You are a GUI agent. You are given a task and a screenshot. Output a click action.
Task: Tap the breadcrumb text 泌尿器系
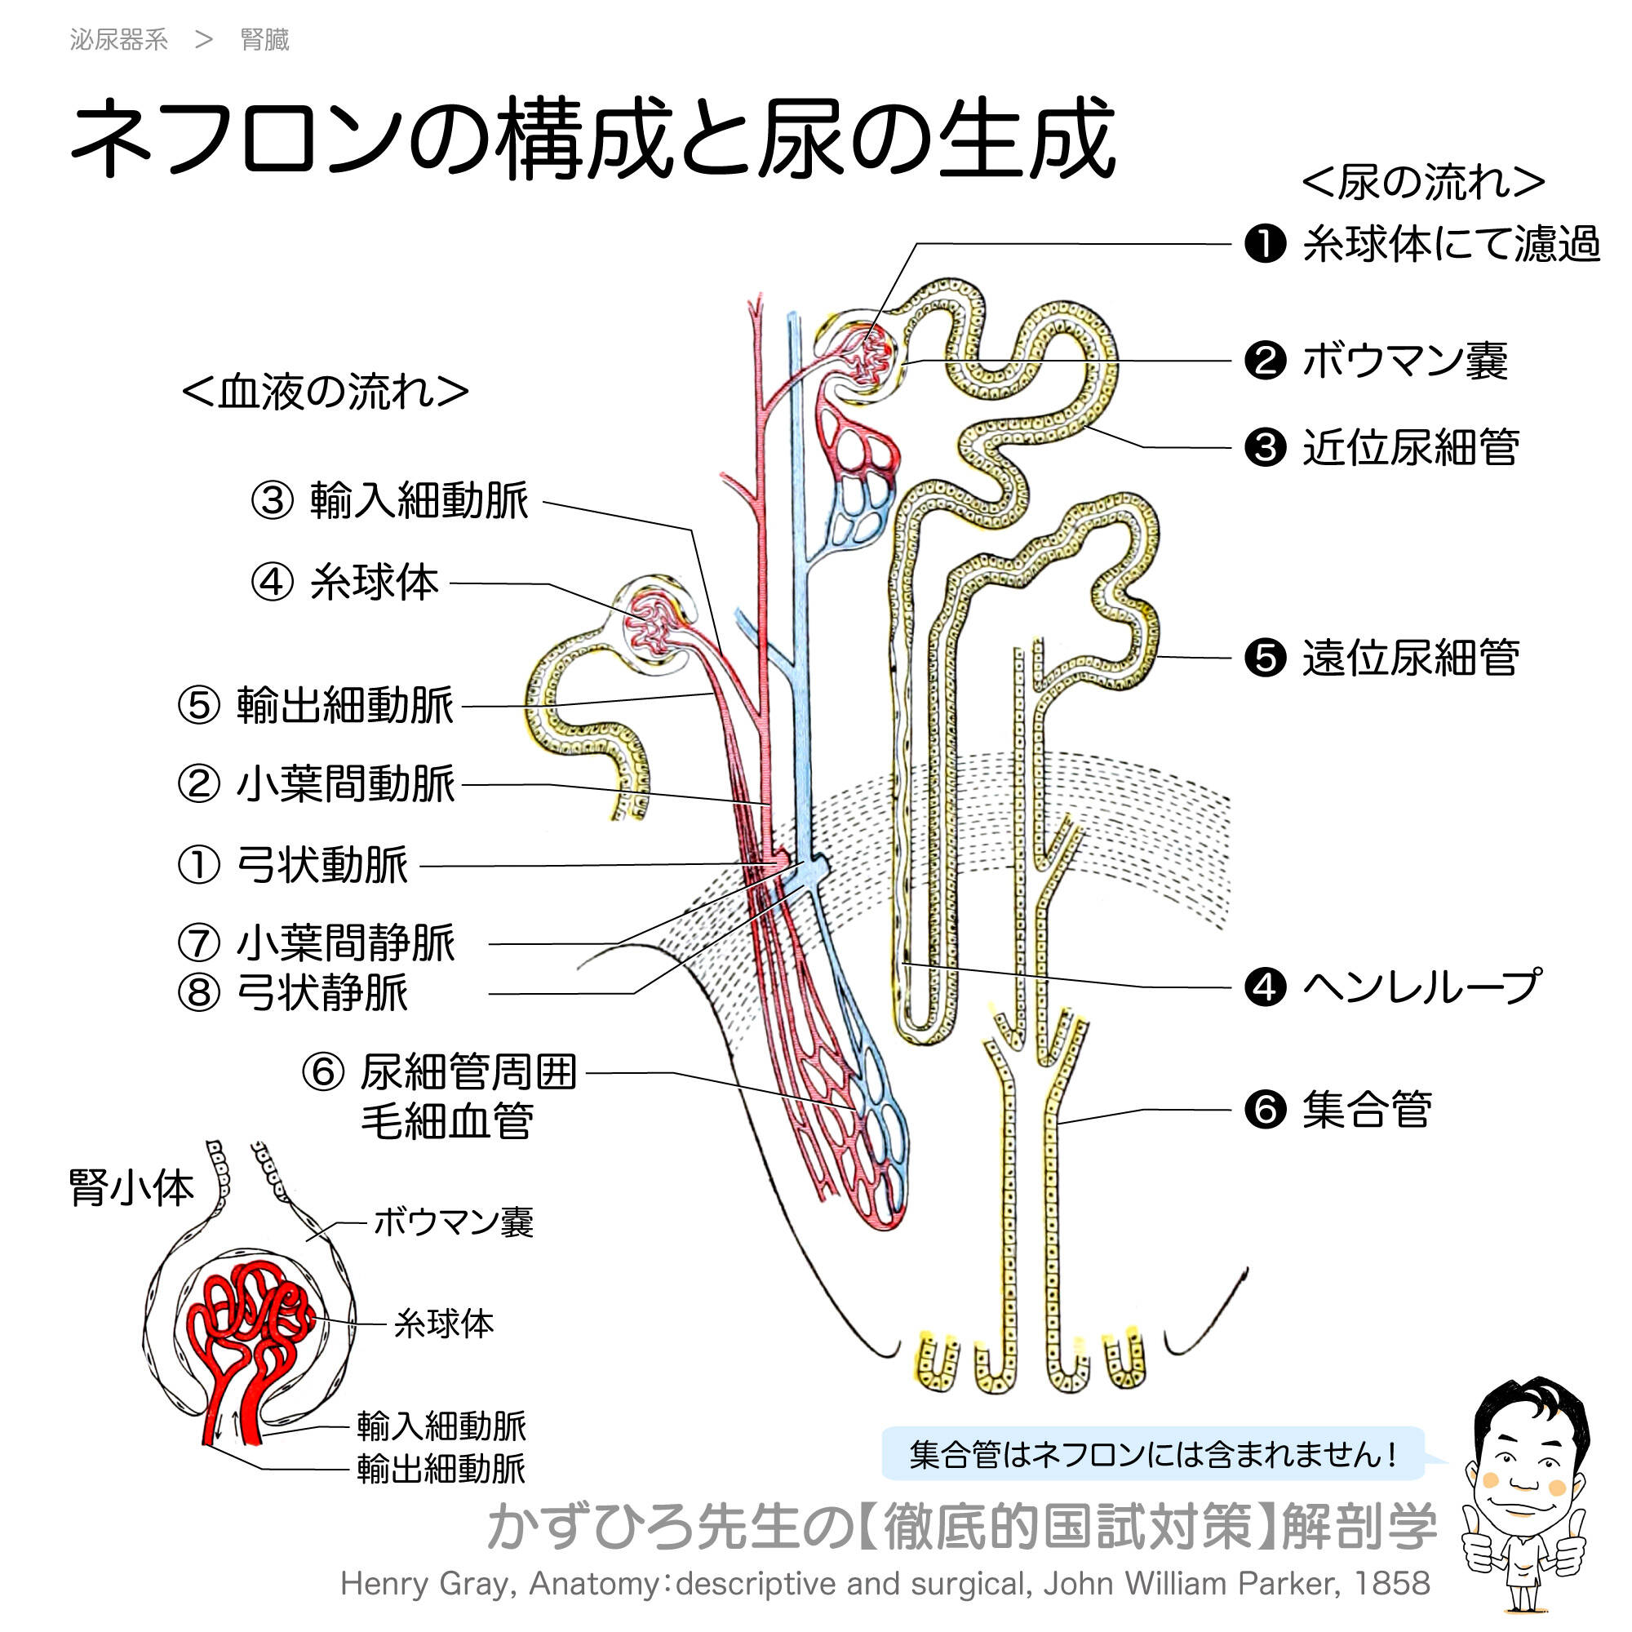119,40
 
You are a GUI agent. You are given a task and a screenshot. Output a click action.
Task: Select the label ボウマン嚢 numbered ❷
1404,361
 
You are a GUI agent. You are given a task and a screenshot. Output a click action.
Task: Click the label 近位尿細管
1411,448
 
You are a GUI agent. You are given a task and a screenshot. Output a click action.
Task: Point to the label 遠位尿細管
1411,658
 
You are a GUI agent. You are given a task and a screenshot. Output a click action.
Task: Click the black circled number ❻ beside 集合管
1266,1109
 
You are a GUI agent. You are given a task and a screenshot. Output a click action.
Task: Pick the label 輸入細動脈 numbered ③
419,500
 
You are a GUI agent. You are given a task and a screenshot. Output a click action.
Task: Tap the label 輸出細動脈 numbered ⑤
344,705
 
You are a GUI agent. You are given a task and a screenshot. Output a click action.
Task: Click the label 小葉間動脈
345,784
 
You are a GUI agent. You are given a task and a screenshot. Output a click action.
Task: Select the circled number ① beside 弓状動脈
199,865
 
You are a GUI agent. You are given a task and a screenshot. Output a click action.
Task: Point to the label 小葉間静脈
345,942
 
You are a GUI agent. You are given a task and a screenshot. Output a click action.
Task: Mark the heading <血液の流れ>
326,392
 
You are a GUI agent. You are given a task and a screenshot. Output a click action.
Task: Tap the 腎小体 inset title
131,1187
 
